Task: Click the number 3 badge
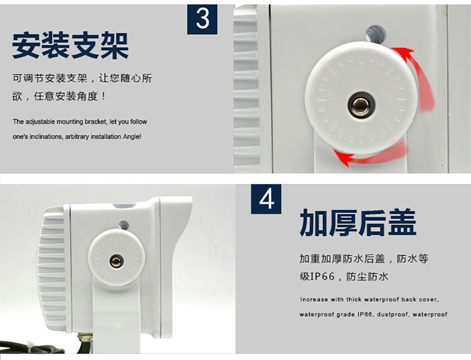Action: [x=202, y=19]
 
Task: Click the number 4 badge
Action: [x=266, y=199]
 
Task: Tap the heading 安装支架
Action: [x=71, y=46]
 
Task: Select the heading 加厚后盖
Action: [x=358, y=223]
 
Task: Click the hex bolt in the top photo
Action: [x=361, y=105]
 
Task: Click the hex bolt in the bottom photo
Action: [x=116, y=261]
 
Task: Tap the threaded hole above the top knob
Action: [x=376, y=34]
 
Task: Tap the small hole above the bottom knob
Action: [x=124, y=224]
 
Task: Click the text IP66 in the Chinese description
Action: [x=322, y=276]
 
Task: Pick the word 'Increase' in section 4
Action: [x=314, y=299]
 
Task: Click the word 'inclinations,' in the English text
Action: [x=45, y=137]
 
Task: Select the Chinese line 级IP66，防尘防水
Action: [x=344, y=276]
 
